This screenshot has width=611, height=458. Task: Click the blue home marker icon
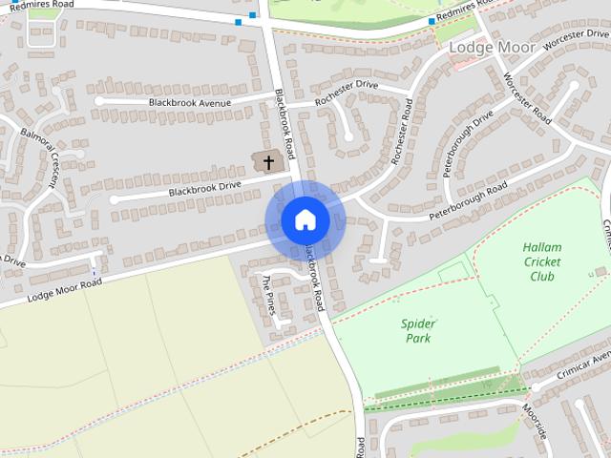click(305, 220)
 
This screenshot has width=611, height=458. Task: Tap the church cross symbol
click(269, 162)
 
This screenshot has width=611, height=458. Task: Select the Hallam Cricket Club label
click(542, 262)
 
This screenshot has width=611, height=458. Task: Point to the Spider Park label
click(417, 330)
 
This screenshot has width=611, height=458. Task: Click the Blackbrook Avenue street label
click(190, 101)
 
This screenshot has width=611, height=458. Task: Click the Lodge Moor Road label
click(64, 290)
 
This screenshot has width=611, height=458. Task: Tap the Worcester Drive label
click(575, 39)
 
